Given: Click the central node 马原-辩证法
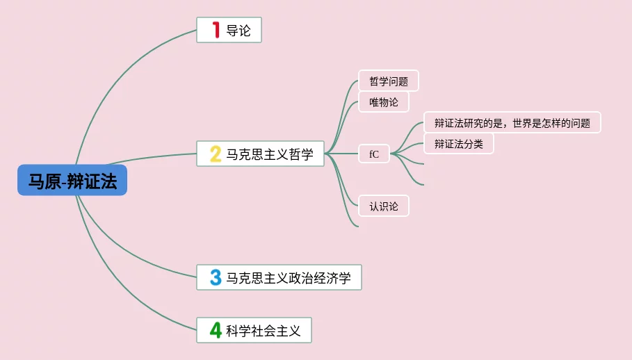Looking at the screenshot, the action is [72, 181].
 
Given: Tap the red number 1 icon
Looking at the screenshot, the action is [216, 30].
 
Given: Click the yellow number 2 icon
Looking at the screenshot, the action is [216, 154].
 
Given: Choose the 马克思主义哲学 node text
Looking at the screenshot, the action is [270, 154].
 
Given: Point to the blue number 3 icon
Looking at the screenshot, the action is [216, 278].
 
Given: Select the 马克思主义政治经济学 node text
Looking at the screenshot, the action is [289, 279].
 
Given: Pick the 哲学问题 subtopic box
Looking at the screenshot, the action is [388, 81].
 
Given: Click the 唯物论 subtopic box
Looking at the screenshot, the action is [384, 102].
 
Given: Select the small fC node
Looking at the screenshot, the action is [374, 154].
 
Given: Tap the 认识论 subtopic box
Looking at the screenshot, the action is [384, 206].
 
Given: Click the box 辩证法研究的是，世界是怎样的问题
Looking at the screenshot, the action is [512, 123].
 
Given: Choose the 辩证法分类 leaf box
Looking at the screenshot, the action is [458, 144].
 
